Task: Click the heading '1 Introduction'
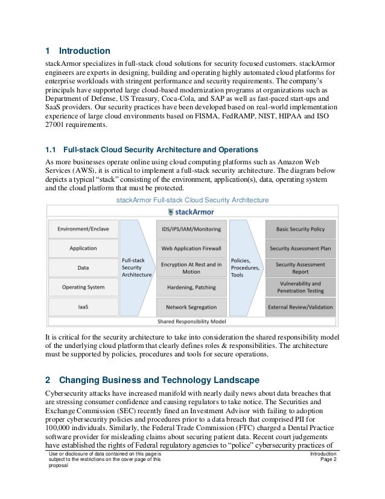(78, 51)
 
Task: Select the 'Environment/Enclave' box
(83, 229)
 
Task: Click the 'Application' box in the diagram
(83, 248)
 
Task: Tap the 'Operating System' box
(83, 287)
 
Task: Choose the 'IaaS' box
(83, 307)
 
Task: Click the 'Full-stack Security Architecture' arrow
(135, 267)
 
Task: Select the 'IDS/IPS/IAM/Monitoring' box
(191, 229)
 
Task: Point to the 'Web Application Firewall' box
(191, 248)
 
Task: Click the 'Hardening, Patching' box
(191, 288)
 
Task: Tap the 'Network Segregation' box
(191, 307)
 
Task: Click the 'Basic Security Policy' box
(300, 229)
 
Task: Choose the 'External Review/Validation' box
(300, 307)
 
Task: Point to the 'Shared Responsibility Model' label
(192, 321)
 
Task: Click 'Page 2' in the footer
(326, 460)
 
